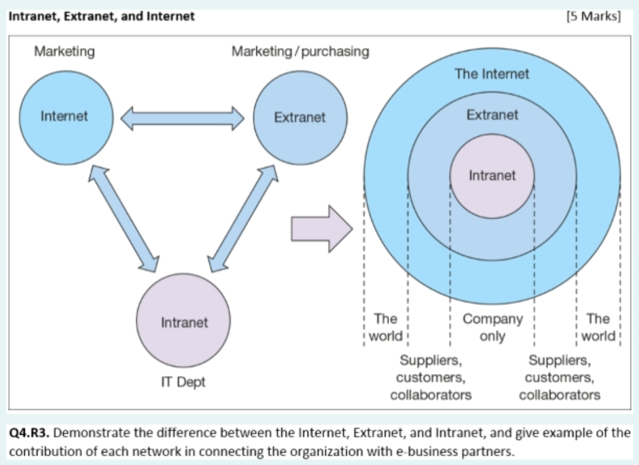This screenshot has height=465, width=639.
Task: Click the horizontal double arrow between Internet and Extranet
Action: pos(182,117)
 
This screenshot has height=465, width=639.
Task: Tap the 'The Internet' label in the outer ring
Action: pos(491,74)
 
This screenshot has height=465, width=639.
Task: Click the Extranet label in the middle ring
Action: pos(492,115)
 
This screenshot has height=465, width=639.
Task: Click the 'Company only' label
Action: pos(492,327)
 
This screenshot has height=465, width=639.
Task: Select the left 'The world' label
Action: pos(386,327)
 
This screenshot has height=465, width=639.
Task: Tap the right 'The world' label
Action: pos(598,327)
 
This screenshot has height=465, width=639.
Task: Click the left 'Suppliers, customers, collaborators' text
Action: pos(431,377)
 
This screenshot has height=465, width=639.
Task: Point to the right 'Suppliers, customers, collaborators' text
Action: pos(559,377)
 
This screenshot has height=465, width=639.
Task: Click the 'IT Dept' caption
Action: pos(183,382)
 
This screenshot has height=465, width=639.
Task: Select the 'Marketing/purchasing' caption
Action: pos(300,52)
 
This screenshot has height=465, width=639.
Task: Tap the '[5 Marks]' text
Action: pos(594,16)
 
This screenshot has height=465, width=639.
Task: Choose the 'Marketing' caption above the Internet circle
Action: pos(64,52)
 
